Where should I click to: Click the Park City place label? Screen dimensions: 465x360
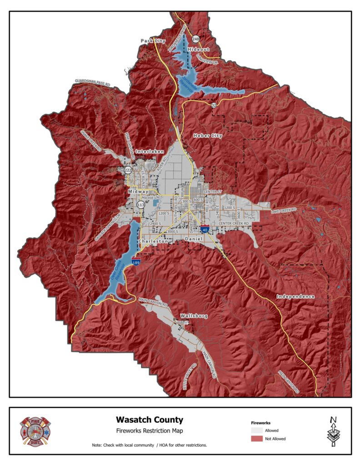153,41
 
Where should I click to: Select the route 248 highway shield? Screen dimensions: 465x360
195,38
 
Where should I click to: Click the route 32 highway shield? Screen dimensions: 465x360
214,105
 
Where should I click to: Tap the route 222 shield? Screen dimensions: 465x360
128,170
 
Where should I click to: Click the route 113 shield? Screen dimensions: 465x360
141,205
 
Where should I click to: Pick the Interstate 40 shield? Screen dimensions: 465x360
205,230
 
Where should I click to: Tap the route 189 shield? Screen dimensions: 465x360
136,262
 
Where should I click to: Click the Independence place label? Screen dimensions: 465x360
295,297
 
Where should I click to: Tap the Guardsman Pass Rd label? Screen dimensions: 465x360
93,83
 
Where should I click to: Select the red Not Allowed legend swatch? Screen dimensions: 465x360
259,439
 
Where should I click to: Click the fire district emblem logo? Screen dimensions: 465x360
35,431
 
